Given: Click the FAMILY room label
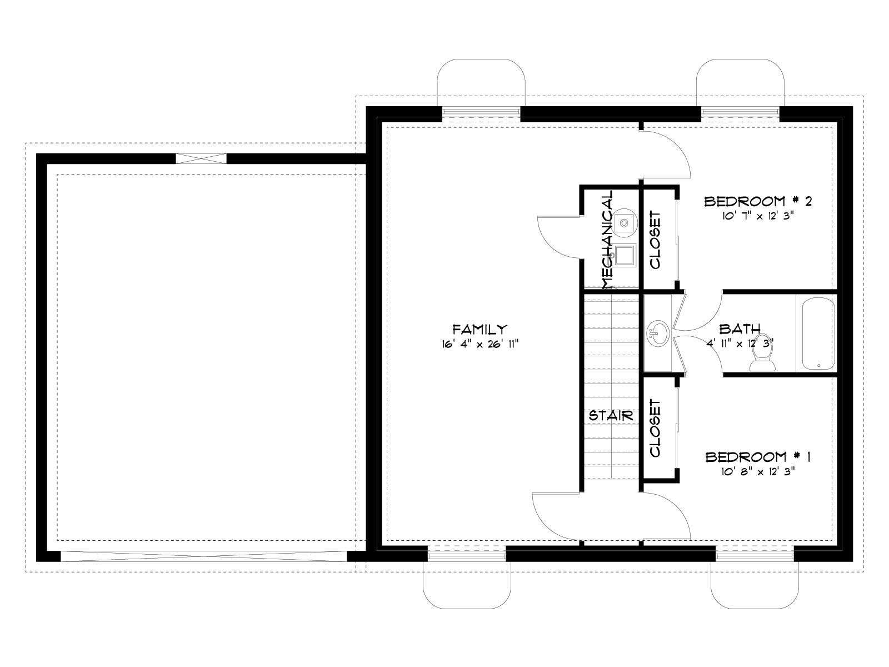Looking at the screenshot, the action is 480,329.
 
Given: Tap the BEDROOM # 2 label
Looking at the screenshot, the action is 758,201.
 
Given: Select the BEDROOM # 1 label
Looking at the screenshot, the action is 758,457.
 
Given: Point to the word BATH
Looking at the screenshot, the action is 740,328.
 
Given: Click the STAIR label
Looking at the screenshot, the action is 611,416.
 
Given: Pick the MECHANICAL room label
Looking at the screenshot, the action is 607,240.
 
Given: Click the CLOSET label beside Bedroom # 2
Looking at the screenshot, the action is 655,240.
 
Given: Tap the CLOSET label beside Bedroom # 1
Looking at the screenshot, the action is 655,428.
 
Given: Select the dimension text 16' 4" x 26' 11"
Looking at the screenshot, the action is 480,344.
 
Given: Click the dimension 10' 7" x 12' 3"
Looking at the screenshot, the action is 757,216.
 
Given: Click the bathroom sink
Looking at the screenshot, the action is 658,333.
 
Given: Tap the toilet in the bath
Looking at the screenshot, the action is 762,352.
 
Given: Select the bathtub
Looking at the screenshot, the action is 818,333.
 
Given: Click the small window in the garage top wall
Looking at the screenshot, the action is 201,158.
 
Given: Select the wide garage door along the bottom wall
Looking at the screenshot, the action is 204,556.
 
